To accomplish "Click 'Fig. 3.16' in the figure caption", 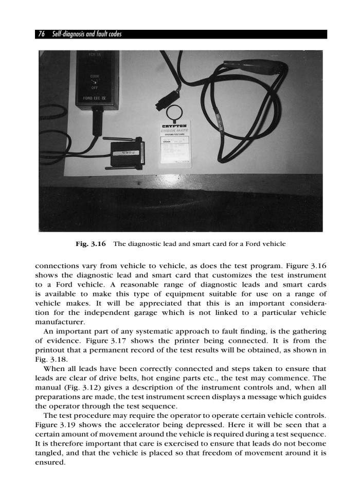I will (91, 242).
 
